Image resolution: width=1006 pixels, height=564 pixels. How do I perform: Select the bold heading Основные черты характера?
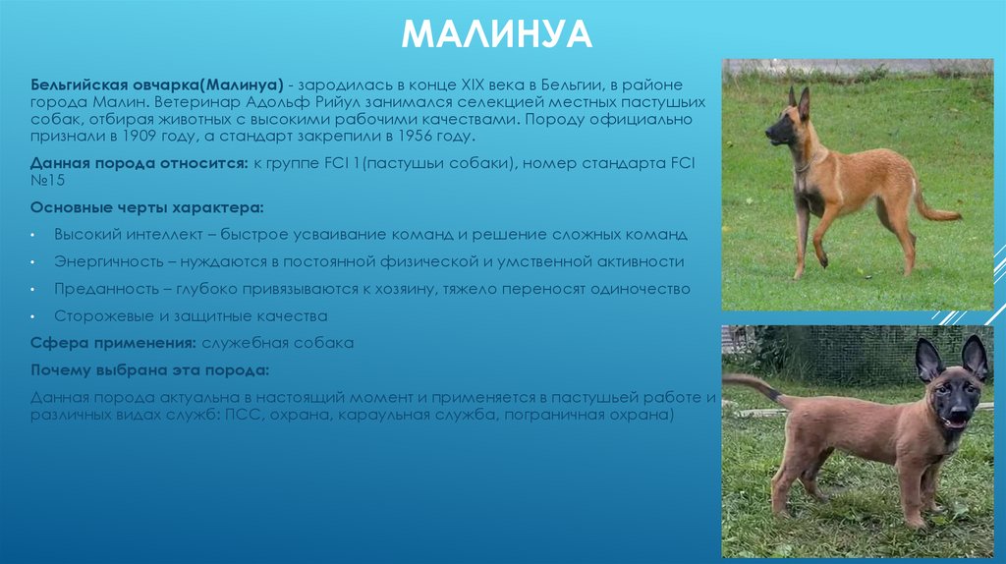point(146,209)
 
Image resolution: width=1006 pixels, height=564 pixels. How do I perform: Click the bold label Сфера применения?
point(113,343)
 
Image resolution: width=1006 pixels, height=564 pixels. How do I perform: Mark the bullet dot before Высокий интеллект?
point(32,237)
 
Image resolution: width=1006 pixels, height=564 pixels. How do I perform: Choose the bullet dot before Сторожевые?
point(32,317)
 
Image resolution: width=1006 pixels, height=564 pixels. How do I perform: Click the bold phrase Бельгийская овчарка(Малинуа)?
point(157,85)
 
